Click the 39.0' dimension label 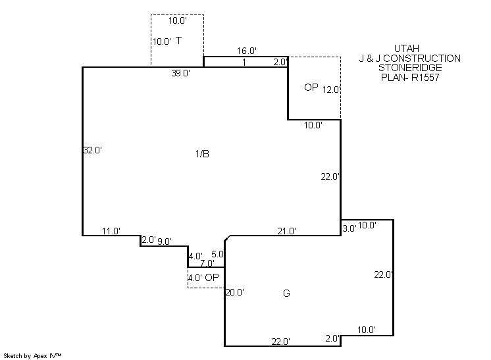click(x=181, y=73)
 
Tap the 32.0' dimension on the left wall click(x=93, y=150)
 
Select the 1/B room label click(x=202, y=154)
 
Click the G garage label click(x=286, y=294)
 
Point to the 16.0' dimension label click(x=247, y=51)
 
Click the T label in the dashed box click(x=178, y=41)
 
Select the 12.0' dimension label click(x=331, y=90)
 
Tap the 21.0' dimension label click(x=286, y=231)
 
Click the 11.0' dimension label click(x=111, y=231)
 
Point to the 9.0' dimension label click(x=165, y=242)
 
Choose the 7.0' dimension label click(x=207, y=263)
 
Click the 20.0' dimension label click(x=235, y=292)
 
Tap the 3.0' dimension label click(x=349, y=228)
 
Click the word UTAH click(x=407, y=49)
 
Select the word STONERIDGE click(x=410, y=68)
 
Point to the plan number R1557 click(x=425, y=77)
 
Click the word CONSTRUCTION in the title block click(x=422, y=58)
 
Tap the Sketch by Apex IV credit click(x=32, y=356)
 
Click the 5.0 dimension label click(x=217, y=254)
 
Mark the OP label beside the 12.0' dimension click(x=311, y=88)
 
